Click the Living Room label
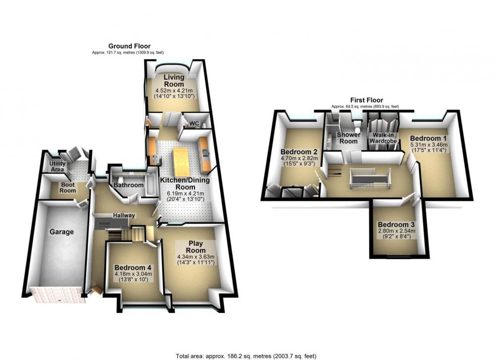pos(174,81)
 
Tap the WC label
pos(194,123)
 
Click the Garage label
pos(61,232)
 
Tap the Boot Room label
pos(68,187)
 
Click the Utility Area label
pos(57,166)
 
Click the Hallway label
pos(124,215)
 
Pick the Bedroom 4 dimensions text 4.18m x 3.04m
pos(133,274)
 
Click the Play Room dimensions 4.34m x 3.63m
pos(196,257)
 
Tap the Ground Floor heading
pos(129,46)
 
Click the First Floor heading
pos(366,100)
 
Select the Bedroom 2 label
pos(299,152)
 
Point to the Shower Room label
pos(348,138)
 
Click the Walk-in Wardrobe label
pos(383,138)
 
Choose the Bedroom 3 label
pos(396,225)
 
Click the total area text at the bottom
pos(246,356)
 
